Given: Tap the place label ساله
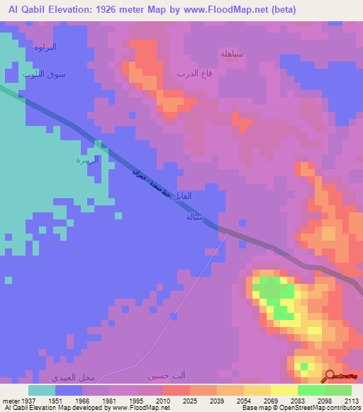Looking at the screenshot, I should tap(194, 217).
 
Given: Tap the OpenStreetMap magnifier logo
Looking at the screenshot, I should tap(330, 376).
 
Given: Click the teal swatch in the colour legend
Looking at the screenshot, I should tap(42, 390).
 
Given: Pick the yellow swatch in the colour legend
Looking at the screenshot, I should tap(284, 390).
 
